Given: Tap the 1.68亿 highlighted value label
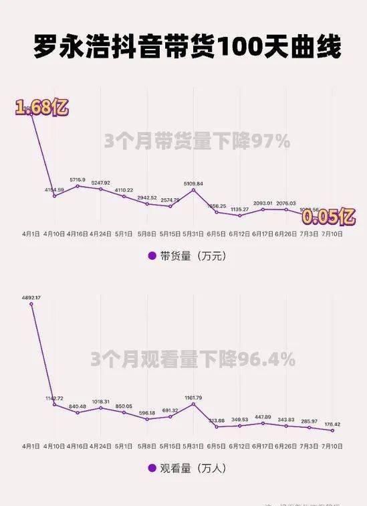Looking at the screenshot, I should [42, 107].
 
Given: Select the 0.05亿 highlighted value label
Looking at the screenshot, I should [328, 217].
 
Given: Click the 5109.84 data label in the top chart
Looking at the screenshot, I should [193, 183].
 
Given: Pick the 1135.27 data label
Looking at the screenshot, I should [240, 209].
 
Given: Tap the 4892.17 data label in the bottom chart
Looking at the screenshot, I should [31, 297].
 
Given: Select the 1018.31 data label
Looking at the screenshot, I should [100, 401].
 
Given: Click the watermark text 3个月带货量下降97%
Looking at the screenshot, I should [197, 141].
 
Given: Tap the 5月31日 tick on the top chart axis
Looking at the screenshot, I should [193, 234].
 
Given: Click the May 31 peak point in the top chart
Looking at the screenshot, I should [193, 190].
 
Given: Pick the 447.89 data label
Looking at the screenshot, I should [263, 416].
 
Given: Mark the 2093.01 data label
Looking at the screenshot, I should [263, 203].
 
